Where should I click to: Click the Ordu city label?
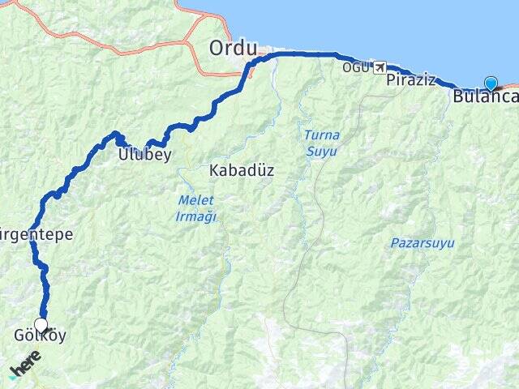pyautogui.click(x=233, y=48)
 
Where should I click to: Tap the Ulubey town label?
pyautogui.click(x=144, y=154)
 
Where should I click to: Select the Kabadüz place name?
pyautogui.click(x=242, y=171)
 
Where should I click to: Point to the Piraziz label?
pyautogui.click(x=410, y=79)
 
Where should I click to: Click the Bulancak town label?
pyautogui.click(x=485, y=96)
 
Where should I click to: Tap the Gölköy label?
pyautogui.click(x=40, y=336)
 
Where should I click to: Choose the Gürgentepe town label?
pyautogui.click(x=37, y=235)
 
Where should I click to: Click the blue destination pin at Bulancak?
pyautogui.click(x=491, y=82)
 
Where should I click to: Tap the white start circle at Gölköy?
pyautogui.click(x=41, y=324)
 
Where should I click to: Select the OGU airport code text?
pyautogui.click(x=355, y=67)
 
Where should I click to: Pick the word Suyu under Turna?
pyautogui.click(x=321, y=151)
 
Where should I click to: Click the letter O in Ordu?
pyautogui.click(x=217, y=48)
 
